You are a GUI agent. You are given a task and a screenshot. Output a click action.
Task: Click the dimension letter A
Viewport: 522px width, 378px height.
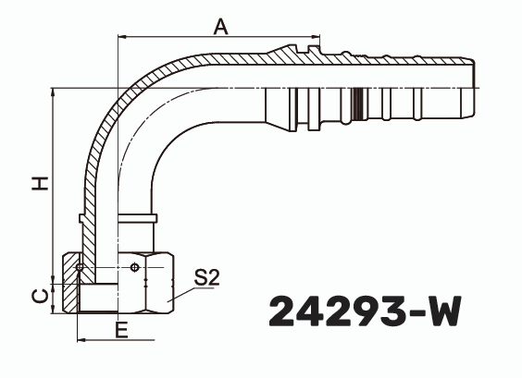220,26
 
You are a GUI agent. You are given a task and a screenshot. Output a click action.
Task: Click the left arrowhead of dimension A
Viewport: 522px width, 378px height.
123,38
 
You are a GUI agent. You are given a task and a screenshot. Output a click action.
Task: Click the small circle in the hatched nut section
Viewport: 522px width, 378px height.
83,268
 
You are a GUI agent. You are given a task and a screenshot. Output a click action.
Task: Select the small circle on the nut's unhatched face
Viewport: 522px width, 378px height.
137,269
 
